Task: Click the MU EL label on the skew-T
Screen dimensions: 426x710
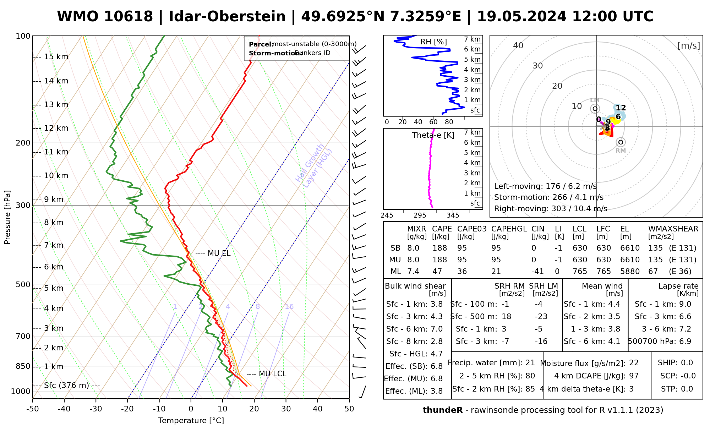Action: [219, 253]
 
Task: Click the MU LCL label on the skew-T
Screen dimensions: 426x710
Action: [272, 374]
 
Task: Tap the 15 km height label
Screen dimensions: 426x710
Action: [56, 57]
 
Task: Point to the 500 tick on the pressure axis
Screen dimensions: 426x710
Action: [23, 285]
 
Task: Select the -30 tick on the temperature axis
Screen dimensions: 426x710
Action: [96, 409]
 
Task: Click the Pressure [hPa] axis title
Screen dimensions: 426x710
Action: [7, 217]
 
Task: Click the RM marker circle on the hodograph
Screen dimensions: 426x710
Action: [621, 142]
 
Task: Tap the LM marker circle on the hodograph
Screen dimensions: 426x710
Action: [595, 109]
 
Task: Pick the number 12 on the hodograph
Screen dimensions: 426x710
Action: [621, 108]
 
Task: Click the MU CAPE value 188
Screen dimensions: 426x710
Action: [439, 260]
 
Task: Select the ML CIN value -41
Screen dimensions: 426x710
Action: [538, 272]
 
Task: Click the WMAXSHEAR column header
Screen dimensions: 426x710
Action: [673, 229]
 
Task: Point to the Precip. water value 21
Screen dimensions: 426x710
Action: [530, 363]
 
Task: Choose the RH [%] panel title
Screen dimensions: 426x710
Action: [433, 42]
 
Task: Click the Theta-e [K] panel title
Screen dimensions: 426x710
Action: [433, 135]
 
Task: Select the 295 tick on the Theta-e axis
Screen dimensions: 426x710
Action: [420, 215]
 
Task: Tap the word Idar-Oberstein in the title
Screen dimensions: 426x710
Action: [227, 17]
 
